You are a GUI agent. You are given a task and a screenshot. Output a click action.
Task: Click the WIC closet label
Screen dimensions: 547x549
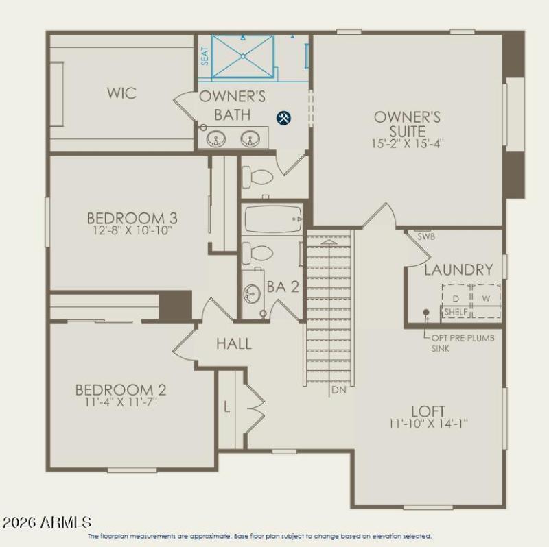tap(121, 93)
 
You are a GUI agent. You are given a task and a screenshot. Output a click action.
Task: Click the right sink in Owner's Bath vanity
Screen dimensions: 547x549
tap(250, 138)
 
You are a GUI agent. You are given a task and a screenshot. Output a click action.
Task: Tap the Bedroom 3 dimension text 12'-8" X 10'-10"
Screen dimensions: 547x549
tap(132, 231)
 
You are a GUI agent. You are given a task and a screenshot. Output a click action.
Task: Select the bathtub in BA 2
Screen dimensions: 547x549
tap(272, 219)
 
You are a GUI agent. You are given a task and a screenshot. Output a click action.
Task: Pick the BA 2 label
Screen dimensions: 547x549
tap(283, 287)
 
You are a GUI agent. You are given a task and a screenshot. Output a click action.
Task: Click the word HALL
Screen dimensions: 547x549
tap(234, 343)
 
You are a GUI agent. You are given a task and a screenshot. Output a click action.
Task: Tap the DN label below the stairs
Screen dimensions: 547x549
tap(338, 390)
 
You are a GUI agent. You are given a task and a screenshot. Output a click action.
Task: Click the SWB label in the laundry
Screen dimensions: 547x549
tap(426, 236)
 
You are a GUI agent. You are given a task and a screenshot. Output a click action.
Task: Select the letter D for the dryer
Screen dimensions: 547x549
tap(455, 298)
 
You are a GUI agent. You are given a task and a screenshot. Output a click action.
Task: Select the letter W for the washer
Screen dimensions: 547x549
tap(485, 298)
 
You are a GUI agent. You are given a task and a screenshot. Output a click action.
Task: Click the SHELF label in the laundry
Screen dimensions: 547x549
tap(456, 312)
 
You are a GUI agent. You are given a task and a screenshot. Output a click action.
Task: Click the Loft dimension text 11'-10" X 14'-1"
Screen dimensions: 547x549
tap(428, 424)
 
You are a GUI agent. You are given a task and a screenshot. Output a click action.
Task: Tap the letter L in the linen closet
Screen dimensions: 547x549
tap(227, 406)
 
